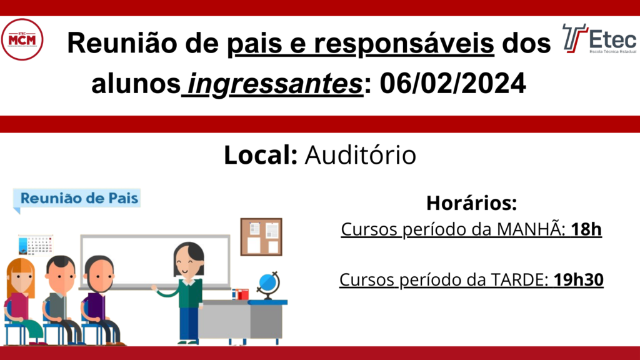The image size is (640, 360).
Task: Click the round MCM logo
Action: pyautogui.click(x=22, y=39)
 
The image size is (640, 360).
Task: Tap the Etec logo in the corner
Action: pyautogui.click(x=599, y=39)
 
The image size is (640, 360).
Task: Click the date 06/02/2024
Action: pyautogui.click(x=452, y=83)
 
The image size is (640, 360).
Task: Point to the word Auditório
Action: pyautogui.click(x=361, y=155)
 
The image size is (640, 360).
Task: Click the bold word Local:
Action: pyautogui.click(x=261, y=155)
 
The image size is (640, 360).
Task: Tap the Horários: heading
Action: pyautogui.click(x=471, y=203)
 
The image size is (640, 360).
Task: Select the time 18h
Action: pyautogui.click(x=586, y=229)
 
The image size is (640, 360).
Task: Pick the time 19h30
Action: pyautogui.click(x=578, y=279)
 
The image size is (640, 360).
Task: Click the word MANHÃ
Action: pyautogui.click(x=528, y=228)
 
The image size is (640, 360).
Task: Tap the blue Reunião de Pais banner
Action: pyautogui.click(x=77, y=199)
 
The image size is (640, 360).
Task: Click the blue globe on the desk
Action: pyautogui.click(x=268, y=285)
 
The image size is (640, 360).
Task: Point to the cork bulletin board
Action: pyautogui.click(x=261, y=237)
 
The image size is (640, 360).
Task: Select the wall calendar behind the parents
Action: pyautogui.click(x=36, y=244)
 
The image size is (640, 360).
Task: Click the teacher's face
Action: pyautogui.click(x=187, y=262)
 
